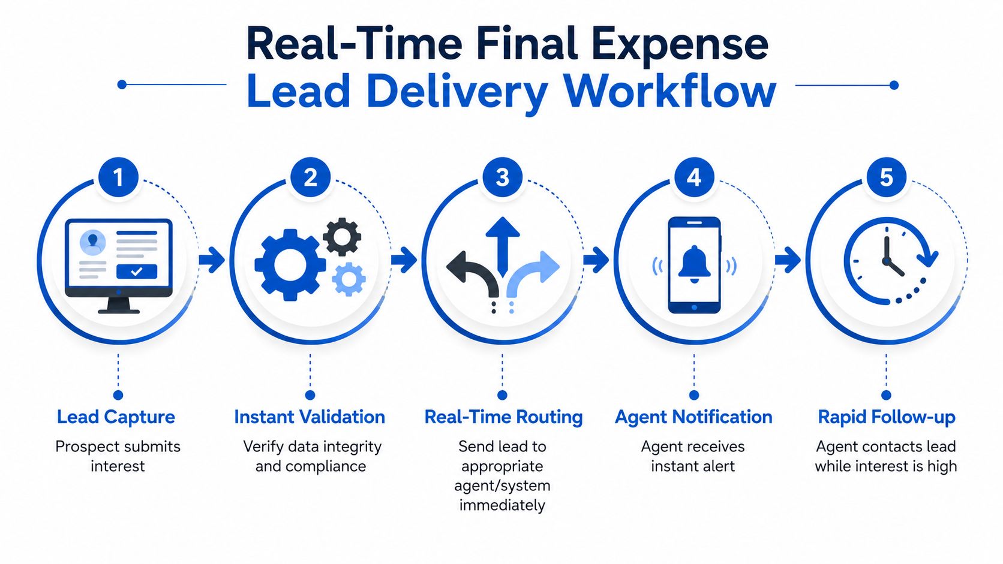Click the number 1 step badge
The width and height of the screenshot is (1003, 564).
tap(118, 177)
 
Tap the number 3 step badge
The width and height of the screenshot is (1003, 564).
tap(502, 177)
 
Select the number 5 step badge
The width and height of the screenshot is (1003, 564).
tap(886, 177)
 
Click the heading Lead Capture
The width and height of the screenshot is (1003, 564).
tap(116, 417)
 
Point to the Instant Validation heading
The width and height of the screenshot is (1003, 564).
tap(310, 417)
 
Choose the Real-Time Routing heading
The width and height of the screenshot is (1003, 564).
tap(503, 417)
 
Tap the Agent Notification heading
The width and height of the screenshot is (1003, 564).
tap(693, 417)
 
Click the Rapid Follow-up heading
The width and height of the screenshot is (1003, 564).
tap(887, 417)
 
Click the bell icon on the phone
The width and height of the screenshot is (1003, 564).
tap(694, 264)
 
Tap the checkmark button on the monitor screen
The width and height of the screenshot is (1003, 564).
tap(137, 272)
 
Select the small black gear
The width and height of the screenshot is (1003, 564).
tap(342, 237)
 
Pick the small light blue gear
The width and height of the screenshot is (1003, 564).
tap(349, 279)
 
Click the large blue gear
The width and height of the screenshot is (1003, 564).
tap(290, 265)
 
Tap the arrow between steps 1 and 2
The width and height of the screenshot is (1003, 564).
tap(212, 260)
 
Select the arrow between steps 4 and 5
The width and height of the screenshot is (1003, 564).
tap(788, 260)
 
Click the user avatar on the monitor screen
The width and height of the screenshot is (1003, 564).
tap(93, 242)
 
